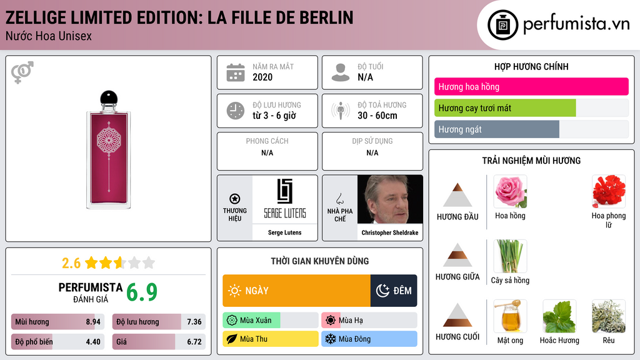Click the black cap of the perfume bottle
pyautogui.click(x=109, y=98)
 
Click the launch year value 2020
pyautogui.click(x=262, y=77)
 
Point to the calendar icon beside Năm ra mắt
pyautogui.click(x=236, y=72)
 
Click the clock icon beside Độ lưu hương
pyautogui.click(x=236, y=111)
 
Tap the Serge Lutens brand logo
pyautogui.click(x=284, y=199)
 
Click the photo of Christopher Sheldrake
pyautogui.click(x=390, y=199)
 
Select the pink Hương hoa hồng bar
pyautogui.click(x=531, y=87)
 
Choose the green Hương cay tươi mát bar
pyautogui.click(x=505, y=108)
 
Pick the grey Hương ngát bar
pyautogui.click(x=497, y=129)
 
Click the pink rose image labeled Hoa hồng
pyautogui.click(x=510, y=192)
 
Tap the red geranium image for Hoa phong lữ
pyautogui.click(x=608, y=192)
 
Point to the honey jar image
pyautogui.click(x=510, y=316)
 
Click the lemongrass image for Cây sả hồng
pyautogui.click(x=510, y=256)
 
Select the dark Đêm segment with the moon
pyautogui.click(x=394, y=291)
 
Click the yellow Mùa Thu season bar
pyautogui.click(x=271, y=339)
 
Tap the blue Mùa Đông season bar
pyautogui.click(x=369, y=339)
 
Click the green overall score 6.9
pyautogui.click(x=142, y=292)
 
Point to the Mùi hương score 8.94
pyautogui.click(x=92, y=322)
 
